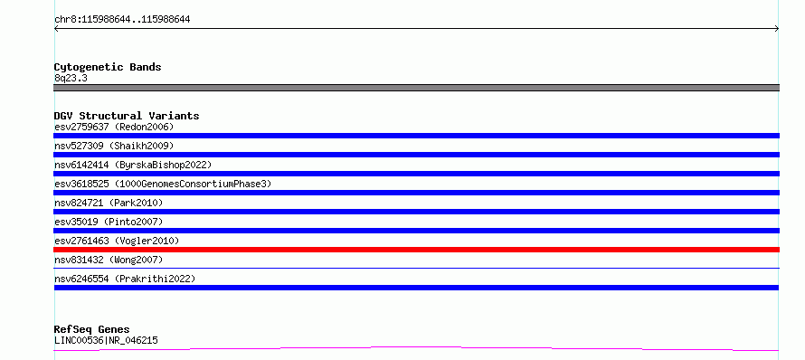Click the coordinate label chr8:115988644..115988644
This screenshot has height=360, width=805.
click(122, 20)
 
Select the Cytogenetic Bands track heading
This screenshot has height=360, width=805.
click(108, 67)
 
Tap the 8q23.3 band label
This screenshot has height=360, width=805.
click(71, 78)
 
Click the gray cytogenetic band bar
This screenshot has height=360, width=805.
click(416, 88)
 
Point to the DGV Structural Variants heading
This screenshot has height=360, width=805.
click(127, 116)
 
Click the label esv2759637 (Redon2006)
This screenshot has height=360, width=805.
click(114, 127)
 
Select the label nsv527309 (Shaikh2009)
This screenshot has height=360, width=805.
click(114, 146)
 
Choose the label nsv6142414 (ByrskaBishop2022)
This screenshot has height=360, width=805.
click(133, 165)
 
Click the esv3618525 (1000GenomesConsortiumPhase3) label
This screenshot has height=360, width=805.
click(163, 184)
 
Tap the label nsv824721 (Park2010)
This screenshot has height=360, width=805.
click(109, 203)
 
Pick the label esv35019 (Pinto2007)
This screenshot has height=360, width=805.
click(109, 222)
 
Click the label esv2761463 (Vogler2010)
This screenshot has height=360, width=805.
click(117, 241)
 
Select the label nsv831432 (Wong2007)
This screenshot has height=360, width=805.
click(109, 260)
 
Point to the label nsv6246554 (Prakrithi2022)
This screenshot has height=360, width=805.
click(125, 279)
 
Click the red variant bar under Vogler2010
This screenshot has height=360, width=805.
click(416, 250)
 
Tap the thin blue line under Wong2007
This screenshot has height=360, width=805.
click(416, 268)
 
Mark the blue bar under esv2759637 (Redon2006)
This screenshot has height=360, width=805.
click(416, 136)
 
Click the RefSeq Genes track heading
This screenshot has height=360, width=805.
click(92, 330)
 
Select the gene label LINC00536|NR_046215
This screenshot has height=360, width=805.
click(106, 340)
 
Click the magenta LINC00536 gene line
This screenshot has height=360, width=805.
click(416, 349)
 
